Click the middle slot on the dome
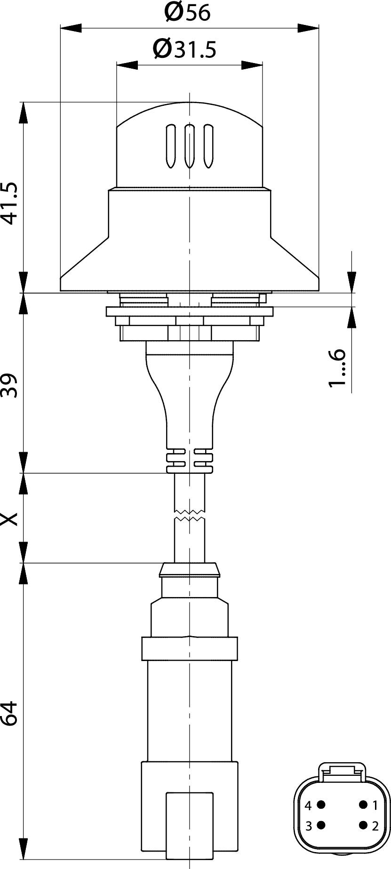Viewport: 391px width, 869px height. [x=190, y=146]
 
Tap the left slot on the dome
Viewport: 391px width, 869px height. [x=171, y=146]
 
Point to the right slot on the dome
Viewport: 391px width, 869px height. [x=207, y=146]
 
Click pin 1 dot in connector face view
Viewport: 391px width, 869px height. [x=363, y=805]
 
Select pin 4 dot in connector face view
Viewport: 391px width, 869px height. [x=321, y=805]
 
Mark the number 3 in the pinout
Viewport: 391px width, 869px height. [x=309, y=826]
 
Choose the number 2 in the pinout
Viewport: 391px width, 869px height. [x=375, y=826]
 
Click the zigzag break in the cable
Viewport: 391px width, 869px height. [x=189, y=515]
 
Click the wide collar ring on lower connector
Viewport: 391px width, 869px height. [x=189, y=648]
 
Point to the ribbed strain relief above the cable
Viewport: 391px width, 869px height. [x=189, y=461]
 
